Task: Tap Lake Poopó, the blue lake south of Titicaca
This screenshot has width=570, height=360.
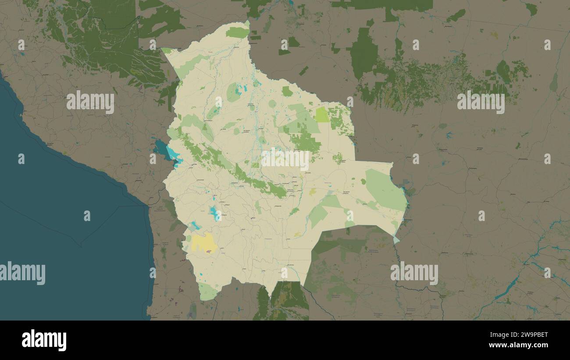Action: [x=214, y=214]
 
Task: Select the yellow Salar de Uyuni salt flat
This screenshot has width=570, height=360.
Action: [x=203, y=242]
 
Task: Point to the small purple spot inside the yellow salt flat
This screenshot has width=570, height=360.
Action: [x=209, y=251]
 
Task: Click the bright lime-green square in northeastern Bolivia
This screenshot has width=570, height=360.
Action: [x=322, y=115]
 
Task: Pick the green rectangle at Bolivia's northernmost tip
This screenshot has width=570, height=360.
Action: [x=237, y=32]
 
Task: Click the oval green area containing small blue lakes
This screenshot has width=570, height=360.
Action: [x=234, y=93]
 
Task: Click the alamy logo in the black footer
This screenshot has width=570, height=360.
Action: [x=44, y=340]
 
